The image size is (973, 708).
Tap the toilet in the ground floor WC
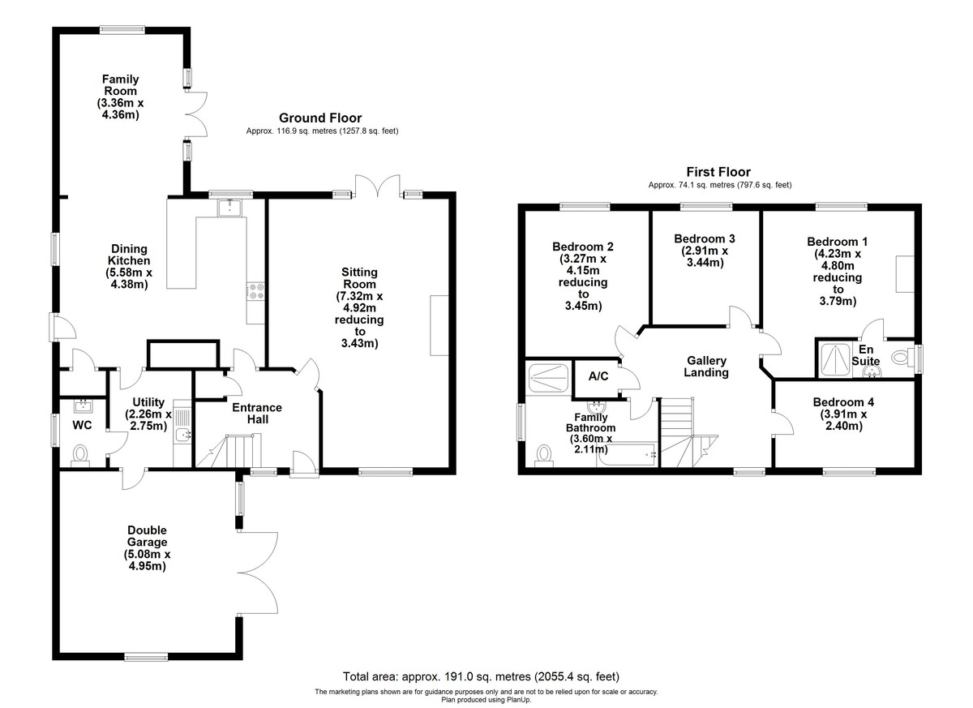point(80,454)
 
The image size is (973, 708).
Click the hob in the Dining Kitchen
point(255,290)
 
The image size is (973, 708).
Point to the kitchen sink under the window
point(231,208)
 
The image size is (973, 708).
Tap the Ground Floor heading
point(320,118)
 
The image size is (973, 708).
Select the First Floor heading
point(718,172)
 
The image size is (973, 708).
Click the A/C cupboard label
point(598,377)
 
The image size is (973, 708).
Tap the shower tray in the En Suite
point(833,357)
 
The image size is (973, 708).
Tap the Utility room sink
point(182,435)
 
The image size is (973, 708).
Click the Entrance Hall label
point(257,414)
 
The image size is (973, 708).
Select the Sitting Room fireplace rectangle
point(439,325)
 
